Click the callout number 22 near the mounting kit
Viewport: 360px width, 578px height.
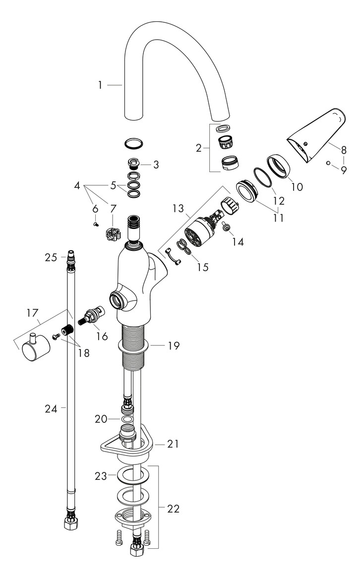pos(173,509)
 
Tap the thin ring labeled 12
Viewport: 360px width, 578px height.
pos(263,178)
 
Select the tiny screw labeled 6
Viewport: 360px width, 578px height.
pos(95,224)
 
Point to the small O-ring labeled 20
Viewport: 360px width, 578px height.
pos(127,420)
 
